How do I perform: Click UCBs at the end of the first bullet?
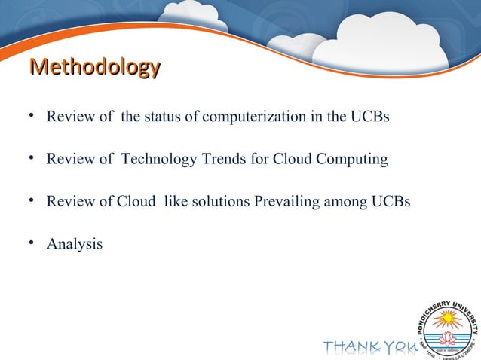coord(369,117)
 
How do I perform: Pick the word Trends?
coord(220,160)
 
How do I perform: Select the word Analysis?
coord(75,244)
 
